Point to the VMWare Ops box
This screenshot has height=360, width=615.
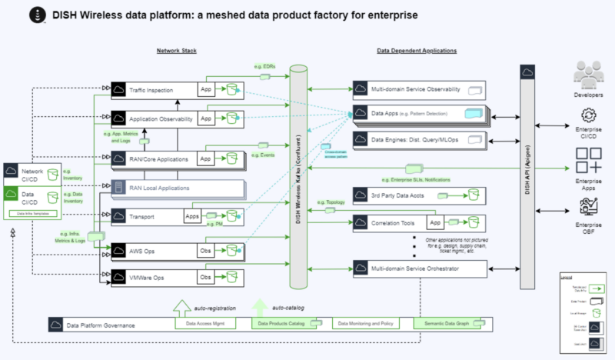coord(154,275)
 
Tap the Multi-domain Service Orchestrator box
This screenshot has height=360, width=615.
coord(419,268)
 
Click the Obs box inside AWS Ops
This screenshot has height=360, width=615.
coord(207,251)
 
